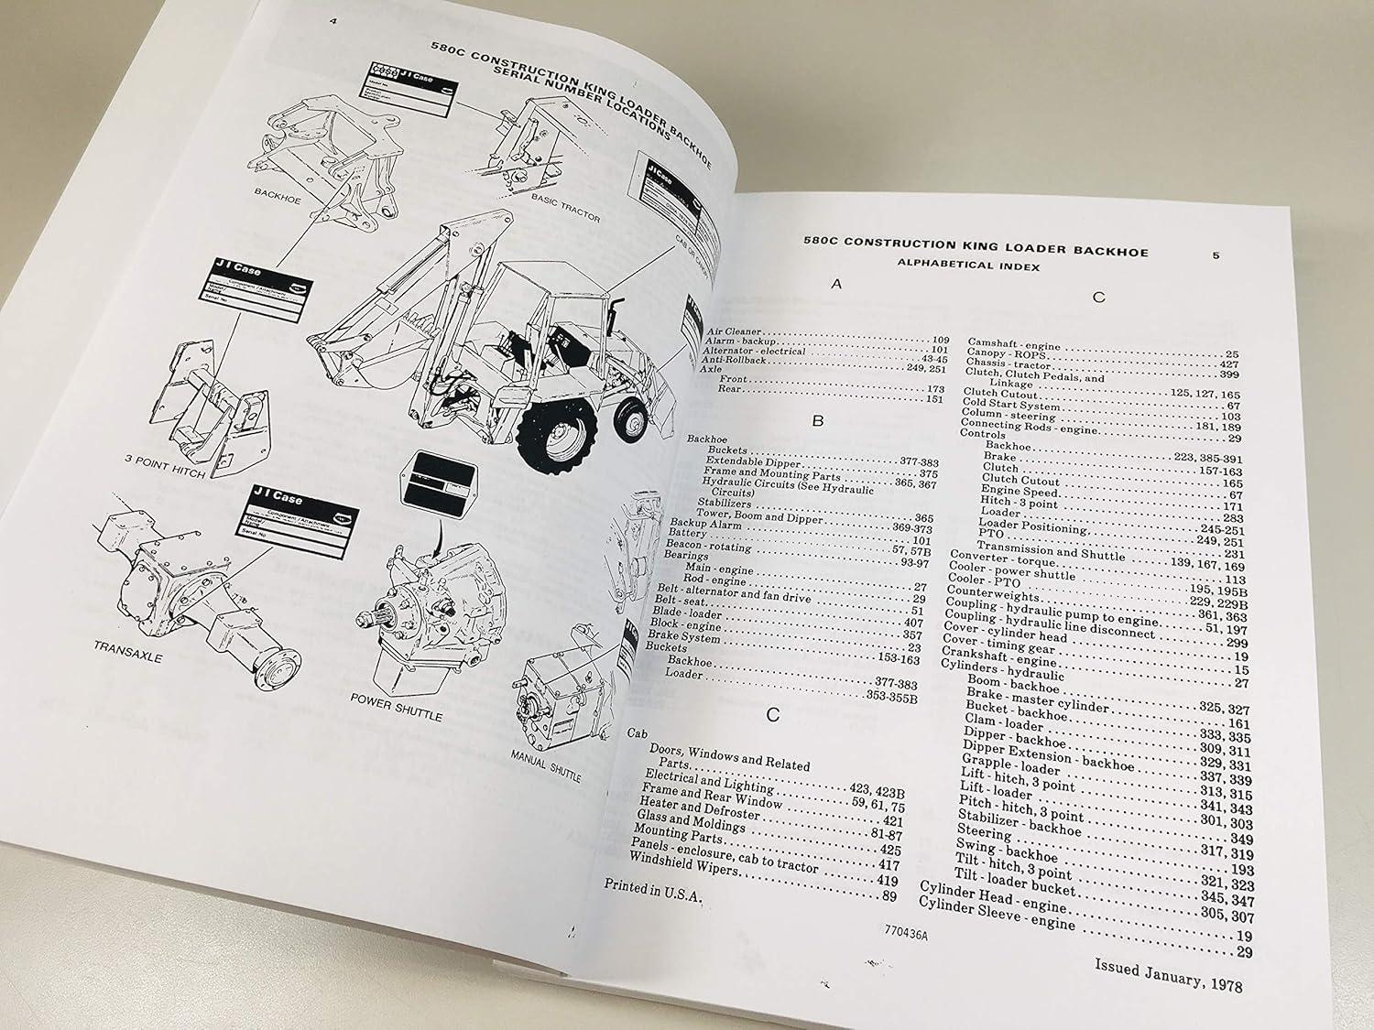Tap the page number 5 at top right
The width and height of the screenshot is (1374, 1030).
pos(1215,256)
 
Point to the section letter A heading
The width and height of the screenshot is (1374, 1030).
pos(834,285)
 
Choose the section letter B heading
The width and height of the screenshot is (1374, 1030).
pos(820,422)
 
